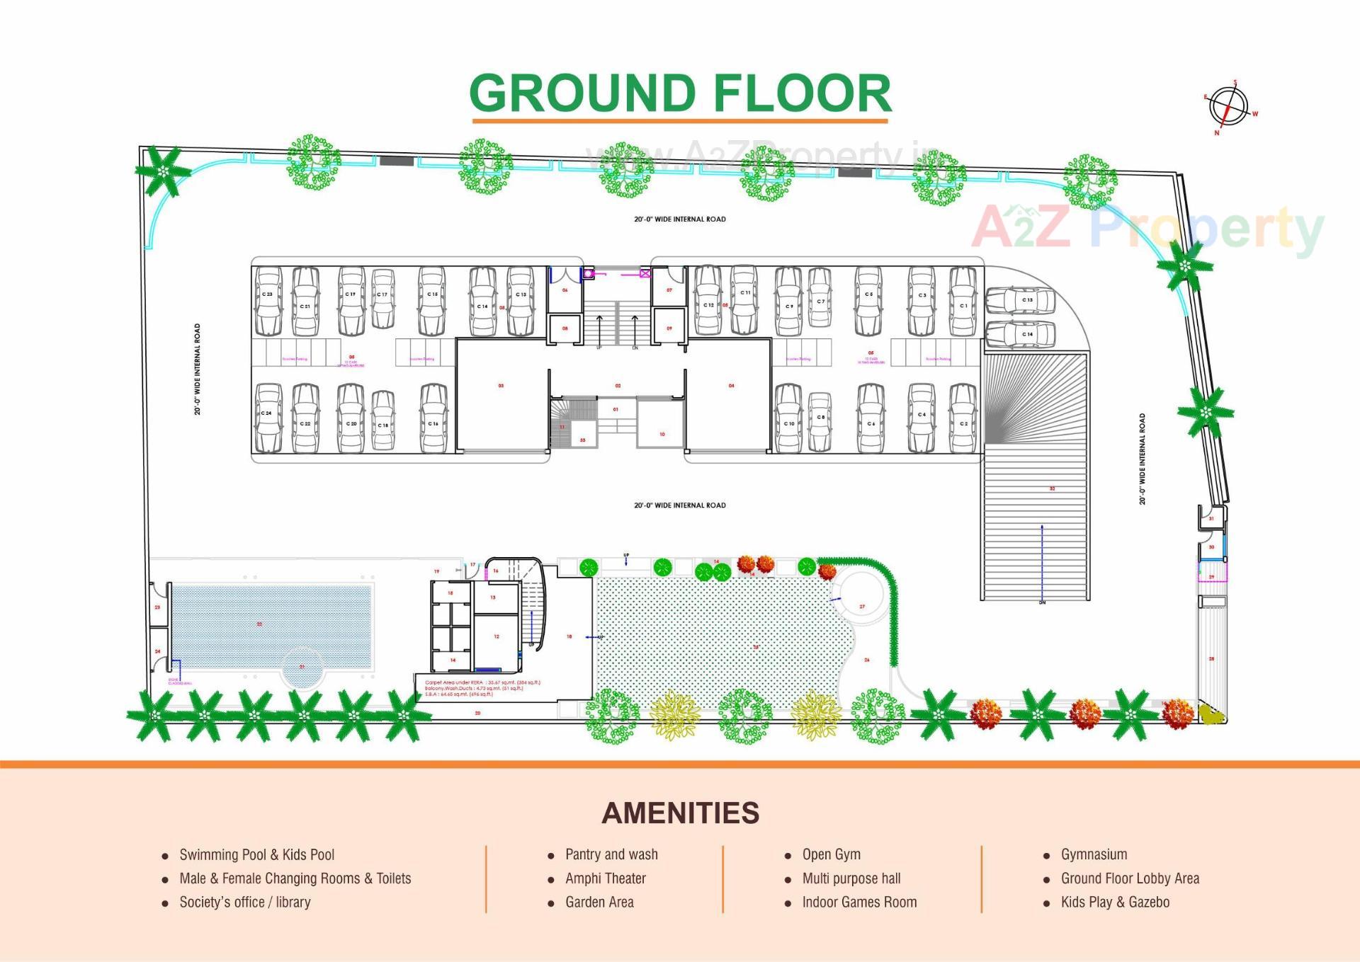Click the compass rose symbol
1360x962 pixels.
pyautogui.click(x=1228, y=107)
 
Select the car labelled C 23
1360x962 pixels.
pyautogui.click(x=268, y=302)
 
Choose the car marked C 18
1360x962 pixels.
pyautogui.click(x=383, y=420)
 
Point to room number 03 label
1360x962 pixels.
pyautogui.click(x=501, y=386)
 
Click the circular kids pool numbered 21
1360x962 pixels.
pyautogui.click(x=302, y=668)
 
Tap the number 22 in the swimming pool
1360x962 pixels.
pyautogui.click(x=260, y=624)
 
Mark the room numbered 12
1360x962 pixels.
pyautogui.click(x=497, y=636)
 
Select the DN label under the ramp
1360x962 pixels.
pyautogui.click(x=1042, y=602)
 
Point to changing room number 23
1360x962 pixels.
pyautogui.click(x=157, y=607)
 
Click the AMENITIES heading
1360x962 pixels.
pyautogui.click(x=680, y=813)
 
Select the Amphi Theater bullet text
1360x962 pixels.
pyautogui.click(x=605, y=878)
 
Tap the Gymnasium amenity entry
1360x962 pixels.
pyautogui.click(x=1094, y=854)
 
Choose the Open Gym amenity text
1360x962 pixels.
pyautogui.click(x=831, y=854)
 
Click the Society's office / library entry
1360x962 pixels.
pyautogui.click(x=244, y=902)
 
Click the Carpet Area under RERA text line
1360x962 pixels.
pyautogui.click(x=482, y=682)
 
